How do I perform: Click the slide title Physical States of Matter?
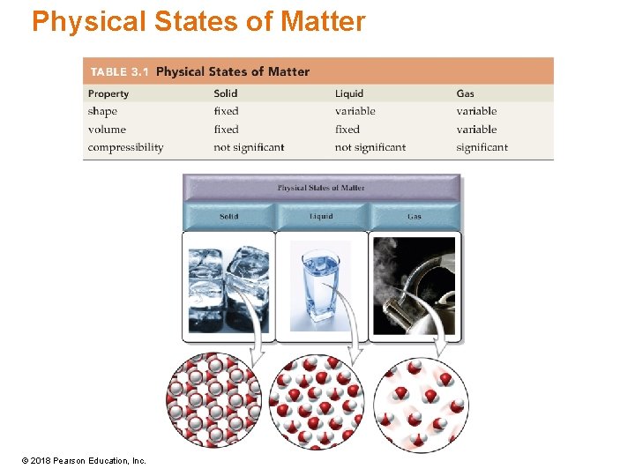click(198, 21)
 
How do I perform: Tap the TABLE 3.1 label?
click(118, 71)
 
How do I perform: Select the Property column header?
click(108, 93)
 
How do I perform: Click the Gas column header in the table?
click(465, 93)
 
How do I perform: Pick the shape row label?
click(102, 111)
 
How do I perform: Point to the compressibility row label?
click(125, 147)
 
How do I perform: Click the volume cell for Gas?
click(476, 130)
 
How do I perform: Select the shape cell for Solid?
click(226, 111)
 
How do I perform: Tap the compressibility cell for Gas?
click(482, 147)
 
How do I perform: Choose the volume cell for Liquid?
click(347, 130)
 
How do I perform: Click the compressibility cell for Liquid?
click(370, 147)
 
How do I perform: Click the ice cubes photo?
click(228, 286)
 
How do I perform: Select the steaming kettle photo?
click(414, 286)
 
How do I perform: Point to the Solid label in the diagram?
click(229, 216)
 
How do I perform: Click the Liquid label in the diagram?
click(321, 216)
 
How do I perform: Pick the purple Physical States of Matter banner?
click(321, 188)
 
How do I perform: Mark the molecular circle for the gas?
click(421, 405)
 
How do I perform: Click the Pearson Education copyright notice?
click(85, 460)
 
